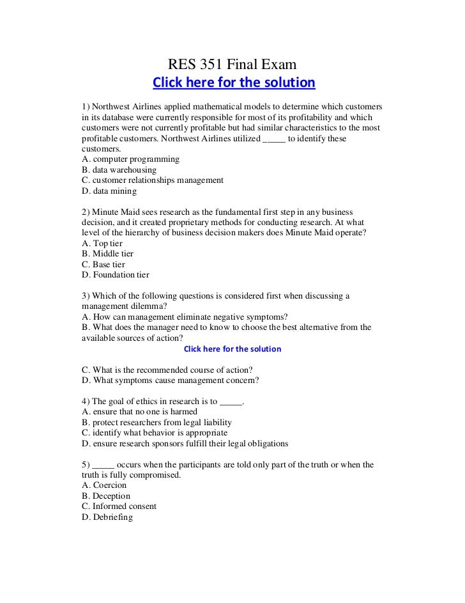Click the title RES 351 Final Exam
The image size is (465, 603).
[x=232, y=64]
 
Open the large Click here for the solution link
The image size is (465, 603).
[x=233, y=83]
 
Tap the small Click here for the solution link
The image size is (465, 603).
[x=232, y=349]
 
